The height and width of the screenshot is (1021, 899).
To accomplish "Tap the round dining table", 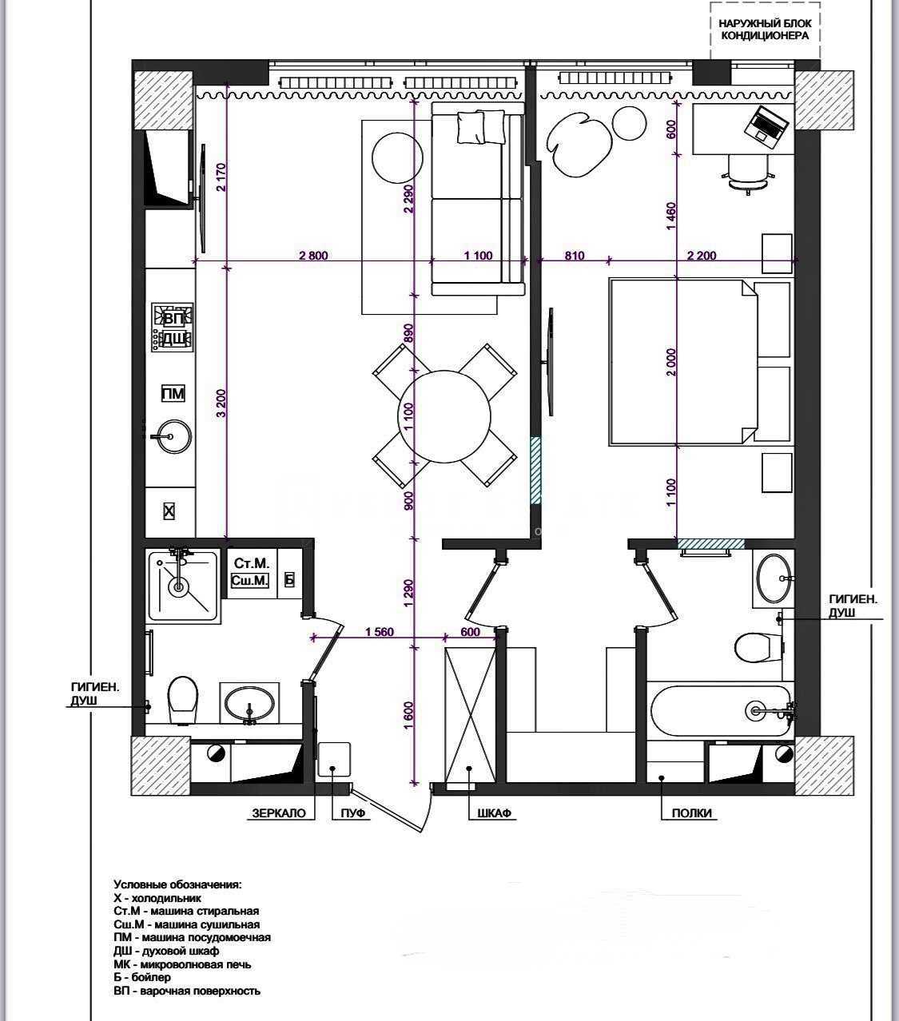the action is point(444,416).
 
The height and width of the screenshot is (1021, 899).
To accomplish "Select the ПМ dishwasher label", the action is point(173,393).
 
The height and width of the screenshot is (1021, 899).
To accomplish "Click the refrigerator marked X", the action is point(169,511).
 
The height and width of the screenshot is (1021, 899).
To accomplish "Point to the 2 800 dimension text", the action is point(313,256).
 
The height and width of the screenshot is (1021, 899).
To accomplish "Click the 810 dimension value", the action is point(575,256).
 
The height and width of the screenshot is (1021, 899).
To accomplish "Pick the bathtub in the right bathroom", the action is point(721,710).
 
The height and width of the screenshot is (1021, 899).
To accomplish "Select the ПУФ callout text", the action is point(352,812).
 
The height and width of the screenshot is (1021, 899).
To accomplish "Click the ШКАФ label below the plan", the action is point(494,812).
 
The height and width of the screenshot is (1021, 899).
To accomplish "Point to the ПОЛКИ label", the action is point(692,812).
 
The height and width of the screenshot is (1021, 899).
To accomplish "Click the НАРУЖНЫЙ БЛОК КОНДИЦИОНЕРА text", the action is point(765,30).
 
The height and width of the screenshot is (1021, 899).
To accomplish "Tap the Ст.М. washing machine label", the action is point(252,563).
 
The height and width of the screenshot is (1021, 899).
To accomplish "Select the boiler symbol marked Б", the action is point(289,579).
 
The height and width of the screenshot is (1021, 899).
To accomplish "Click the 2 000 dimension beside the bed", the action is point(670,362).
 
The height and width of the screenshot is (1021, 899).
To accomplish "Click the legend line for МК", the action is point(182,964).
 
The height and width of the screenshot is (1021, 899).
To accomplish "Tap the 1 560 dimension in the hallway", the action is point(379,632).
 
